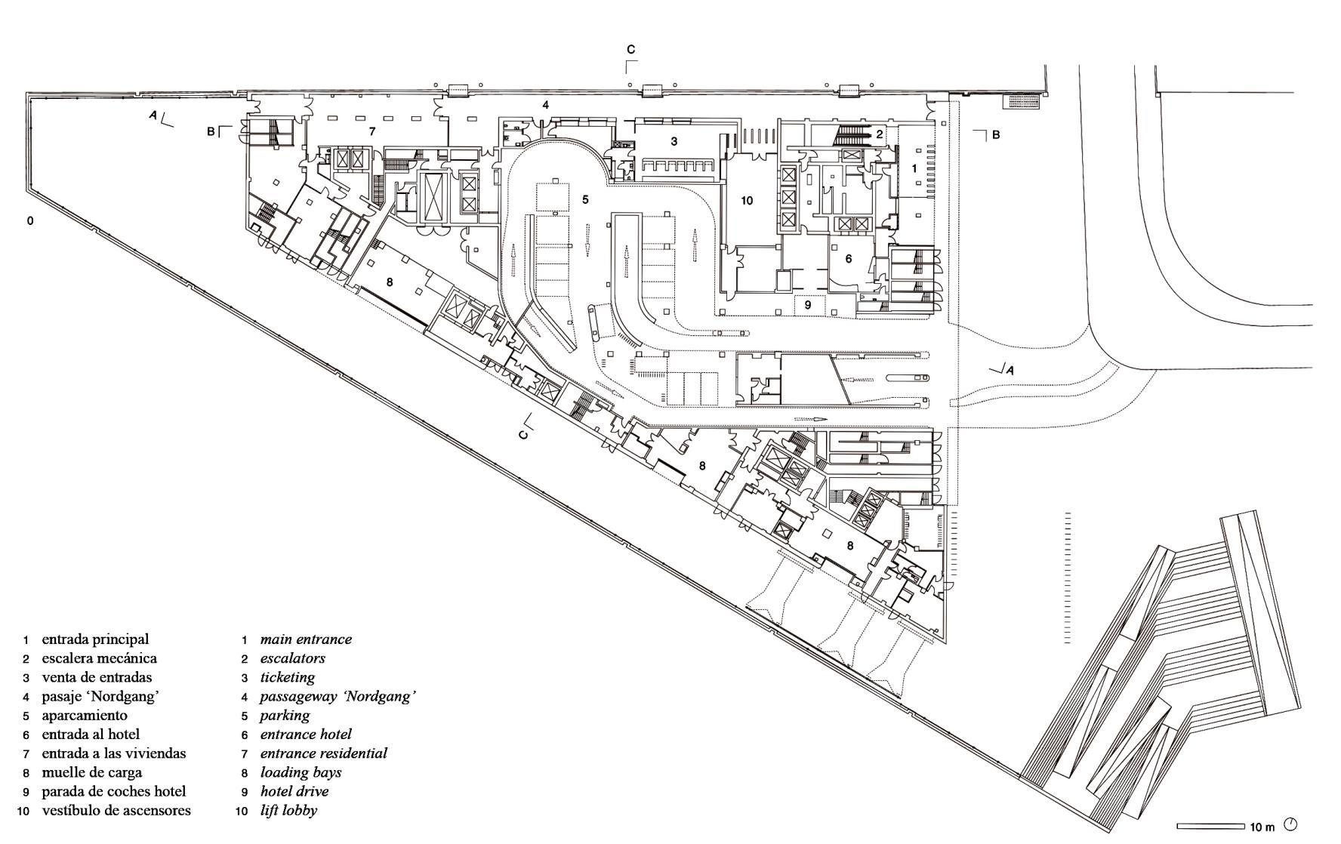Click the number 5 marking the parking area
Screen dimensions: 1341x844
pyautogui.click(x=584, y=199)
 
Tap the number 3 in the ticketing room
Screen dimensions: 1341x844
pyautogui.click(x=674, y=141)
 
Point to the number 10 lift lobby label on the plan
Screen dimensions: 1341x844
pyautogui.click(x=747, y=201)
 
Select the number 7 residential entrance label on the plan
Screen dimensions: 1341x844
pyautogui.click(x=371, y=131)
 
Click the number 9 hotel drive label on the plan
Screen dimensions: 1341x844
pyautogui.click(x=807, y=305)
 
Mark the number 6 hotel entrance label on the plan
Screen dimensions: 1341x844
pyautogui.click(x=849, y=259)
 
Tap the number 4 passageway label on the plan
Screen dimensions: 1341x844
pyautogui.click(x=545, y=105)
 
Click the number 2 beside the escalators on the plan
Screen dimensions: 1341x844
pyautogui.click(x=879, y=134)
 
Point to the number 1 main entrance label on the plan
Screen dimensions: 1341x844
pyautogui.click(x=914, y=169)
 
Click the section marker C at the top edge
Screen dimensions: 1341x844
pyautogui.click(x=631, y=51)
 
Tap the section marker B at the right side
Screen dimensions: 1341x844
pyautogui.click(x=996, y=135)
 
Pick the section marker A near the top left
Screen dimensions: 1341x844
pyautogui.click(x=154, y=116)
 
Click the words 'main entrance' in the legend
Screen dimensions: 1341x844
pyautogui.click(x=306, y=639)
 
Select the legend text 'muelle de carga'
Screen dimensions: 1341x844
pyautogui.click(x=91, y=772)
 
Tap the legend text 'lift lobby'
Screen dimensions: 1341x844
pyautogui.click(x=288, y=811)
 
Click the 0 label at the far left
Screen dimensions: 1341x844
pyautogui.click(x=30, y=221)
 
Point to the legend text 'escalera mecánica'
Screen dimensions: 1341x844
pyautogui.click(x=99, y=658)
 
